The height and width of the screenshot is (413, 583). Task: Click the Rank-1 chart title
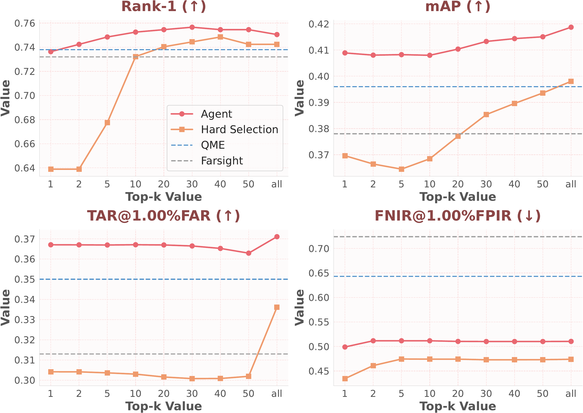click(x=164, y=7)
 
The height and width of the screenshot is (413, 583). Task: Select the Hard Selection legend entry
click(x=239, y=130)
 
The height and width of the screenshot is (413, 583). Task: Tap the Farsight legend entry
click(x=222, y=161)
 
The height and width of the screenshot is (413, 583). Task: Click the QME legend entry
click(x=213, y=145)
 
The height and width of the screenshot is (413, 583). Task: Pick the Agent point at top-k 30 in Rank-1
click(x=192, y=27)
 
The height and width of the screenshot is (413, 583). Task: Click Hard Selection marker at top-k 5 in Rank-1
click(x=107, y=122)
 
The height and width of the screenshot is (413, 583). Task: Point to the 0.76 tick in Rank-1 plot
click(x=25, y=23)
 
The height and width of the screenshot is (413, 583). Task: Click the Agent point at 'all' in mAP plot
click(x=571, y=27)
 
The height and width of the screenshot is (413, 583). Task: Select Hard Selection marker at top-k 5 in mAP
click(x=401, y=169)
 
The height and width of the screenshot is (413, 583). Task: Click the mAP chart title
click(x=457, y=7)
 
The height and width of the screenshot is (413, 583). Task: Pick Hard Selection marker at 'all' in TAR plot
click(x=277, y=307)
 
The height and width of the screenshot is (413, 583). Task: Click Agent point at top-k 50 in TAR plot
click(x=248, y=253)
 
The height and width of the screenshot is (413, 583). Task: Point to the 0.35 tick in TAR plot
click(x=25, y=279)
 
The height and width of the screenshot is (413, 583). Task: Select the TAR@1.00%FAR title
click(x=164, y=216)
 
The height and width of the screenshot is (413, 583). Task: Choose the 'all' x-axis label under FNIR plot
click(x=571, y=394)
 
